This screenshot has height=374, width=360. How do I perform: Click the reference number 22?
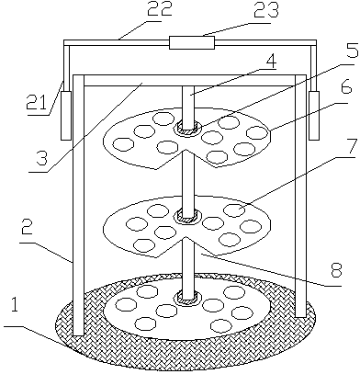[x=160, y=9]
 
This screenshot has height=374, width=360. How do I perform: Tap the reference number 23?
[x=265, y=10]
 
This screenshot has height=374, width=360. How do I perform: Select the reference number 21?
[x=37, y=103]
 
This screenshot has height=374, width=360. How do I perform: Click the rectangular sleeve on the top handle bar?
[x=192, y=42]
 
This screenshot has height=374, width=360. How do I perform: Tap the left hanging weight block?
[x=66, y=115]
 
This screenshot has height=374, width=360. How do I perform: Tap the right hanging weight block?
[x=314, y=115]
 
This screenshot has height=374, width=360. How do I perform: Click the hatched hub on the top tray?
[x=187, y=128]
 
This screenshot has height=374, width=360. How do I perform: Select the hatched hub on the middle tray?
[x=187, y=217]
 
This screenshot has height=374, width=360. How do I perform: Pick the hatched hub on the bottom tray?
[x=187, y=298]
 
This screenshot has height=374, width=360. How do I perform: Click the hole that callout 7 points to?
[x=234, y=210]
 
